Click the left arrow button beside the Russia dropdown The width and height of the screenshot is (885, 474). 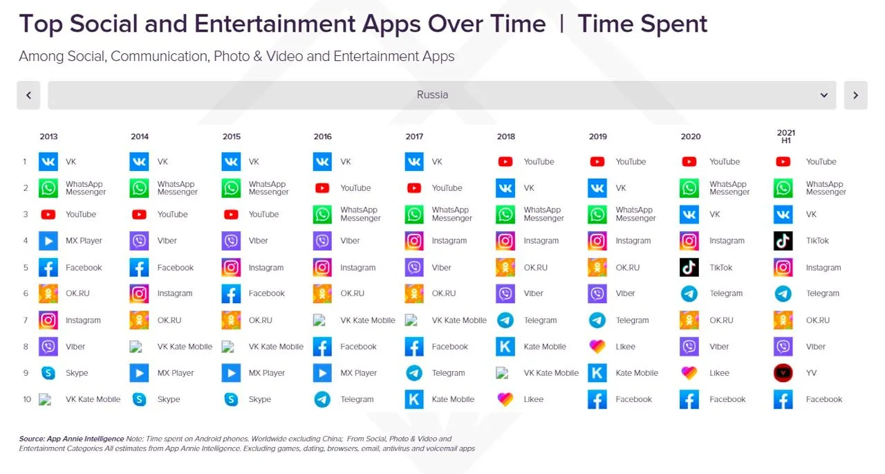(28, 95)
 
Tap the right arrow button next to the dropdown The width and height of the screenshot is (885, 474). (856, 95)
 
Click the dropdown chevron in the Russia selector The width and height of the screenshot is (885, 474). (824, 95)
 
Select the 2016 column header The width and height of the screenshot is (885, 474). (322, 137)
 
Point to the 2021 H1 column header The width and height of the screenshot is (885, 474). (786, 136)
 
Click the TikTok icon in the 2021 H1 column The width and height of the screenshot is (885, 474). (783, 241)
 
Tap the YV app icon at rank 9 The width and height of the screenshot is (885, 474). (783, 373)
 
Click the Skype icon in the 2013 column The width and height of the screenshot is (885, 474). (48, 373)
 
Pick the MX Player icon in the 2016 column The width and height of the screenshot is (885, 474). (322, 373)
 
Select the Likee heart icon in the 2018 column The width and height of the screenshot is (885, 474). (505, 399)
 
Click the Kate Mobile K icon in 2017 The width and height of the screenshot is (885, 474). (414, 399)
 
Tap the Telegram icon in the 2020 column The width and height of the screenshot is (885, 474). (689, 293)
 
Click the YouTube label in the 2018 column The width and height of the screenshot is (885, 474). (539, 162)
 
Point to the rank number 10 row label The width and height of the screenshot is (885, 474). (27, 399)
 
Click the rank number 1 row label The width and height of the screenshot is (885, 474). (24, 162)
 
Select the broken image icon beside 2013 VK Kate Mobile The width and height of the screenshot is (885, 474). (46, 400)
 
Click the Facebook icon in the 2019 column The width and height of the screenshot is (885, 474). (597, 399)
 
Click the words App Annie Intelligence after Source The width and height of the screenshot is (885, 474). (85, 439)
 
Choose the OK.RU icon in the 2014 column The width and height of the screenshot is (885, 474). (139, 320)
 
